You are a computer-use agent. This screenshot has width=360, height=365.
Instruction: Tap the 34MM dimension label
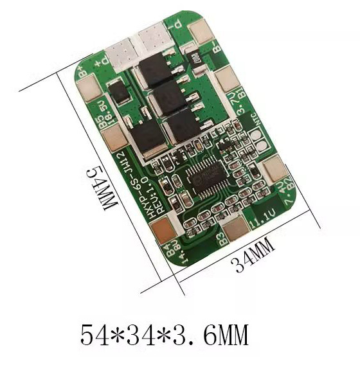254,254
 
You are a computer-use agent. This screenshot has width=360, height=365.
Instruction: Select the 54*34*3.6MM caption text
164,335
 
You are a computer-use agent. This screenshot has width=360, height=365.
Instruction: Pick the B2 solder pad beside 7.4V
276,168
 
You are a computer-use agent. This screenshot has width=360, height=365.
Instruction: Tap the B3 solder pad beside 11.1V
235,228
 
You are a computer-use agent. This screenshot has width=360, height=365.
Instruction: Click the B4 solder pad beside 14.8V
165,229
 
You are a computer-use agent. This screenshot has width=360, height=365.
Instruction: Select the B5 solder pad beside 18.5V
114,137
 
